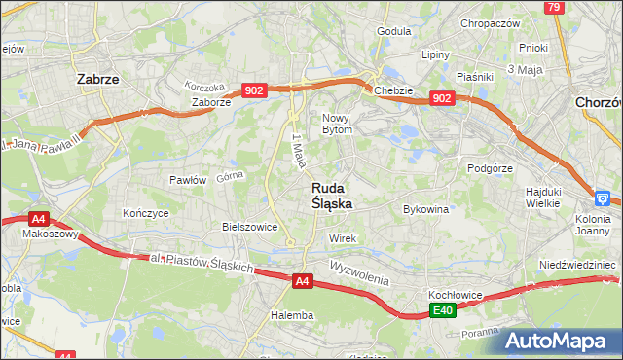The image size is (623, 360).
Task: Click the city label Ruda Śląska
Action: pyautogui.click(x=332, y=196)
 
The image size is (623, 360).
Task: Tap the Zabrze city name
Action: pyautogui.click(x=97, y=80)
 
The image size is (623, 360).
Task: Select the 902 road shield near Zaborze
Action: pyautogui.click(x=254, y=90)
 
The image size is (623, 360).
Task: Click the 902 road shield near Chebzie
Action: pyautogui.click(x=442, y=98)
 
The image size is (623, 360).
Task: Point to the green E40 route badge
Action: pyautogui.click(x=443, y=310)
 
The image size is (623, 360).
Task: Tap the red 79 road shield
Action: pyautogui.click(x=554, y=8)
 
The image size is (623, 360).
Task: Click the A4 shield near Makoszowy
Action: pyautogui.click(x=38, y=219)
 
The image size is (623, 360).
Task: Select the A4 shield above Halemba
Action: pyautogui.click(x=303, y=281)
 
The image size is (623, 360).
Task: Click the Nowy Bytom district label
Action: pyautogui.click(x=343, y=123)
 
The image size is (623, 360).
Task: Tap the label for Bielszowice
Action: pyautogui.click(x=250, y=227)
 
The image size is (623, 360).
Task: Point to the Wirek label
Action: pyautogui.click(x=344, y=238)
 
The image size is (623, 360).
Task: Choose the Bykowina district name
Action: pyautogui.click(x=425, y=209)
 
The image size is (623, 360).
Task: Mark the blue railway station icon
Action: pyautogui.click(x=604, y=199)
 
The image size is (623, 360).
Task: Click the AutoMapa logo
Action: pyautogui.click(x=559, y=341)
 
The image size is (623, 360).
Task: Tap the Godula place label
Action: pyautogui.click(x=393, y=30)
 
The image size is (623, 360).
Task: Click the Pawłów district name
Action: pyautogui.click(x=187, y=180)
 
